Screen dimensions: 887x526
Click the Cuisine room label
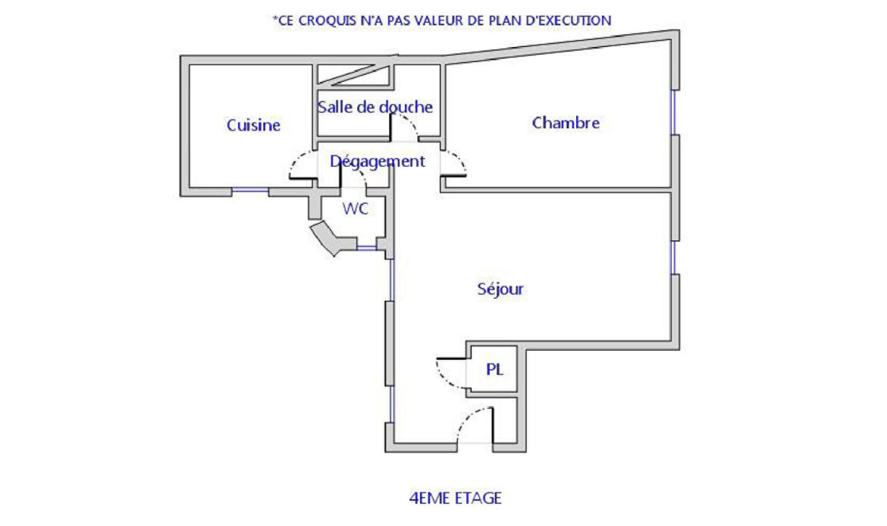pyautogui.click(x=253, y=125)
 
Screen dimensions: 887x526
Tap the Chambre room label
pyautogui.click(x=566, y=123)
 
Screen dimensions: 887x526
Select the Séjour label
pyautogui.click(x=500, y=289)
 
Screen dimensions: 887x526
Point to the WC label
pyautogui.click(x=356, y=208)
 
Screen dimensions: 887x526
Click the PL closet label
pyautogui.click(x=494, y=369)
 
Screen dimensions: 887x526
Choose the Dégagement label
pyautogui.click(x=378, y=161)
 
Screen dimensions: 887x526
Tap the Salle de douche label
pyautogui.click(x=375, y=107)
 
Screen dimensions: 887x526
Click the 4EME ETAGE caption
pyautogui.click(x=456, y=498)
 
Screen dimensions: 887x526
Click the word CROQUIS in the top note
pyautogui.click(x=326, y=21)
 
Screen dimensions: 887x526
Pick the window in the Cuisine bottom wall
pyautogui.click(x=250, y=190)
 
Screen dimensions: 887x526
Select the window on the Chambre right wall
pyautogui.click(x=674, y=112)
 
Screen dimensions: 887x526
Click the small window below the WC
pyautogui.click(x=367, y=247)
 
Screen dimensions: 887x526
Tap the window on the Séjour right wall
pyautogui.click(x=674, y=258)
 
